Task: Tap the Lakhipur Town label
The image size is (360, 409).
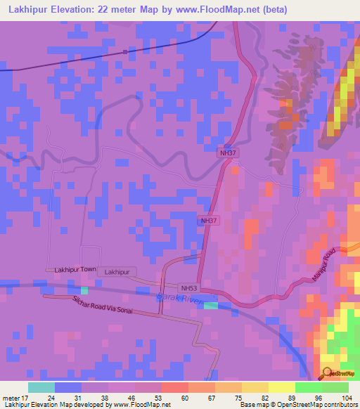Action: click(75, 270)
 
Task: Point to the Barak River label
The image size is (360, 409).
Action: click(179, 299)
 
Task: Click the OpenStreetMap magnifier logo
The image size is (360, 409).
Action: click(328, 374)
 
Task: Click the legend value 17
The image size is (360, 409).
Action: click(29, 396)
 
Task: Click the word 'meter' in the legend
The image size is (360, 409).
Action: click(12, 396)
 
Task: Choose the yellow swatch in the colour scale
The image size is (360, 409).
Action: click(282, 387)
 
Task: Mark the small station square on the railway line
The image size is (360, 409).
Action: click(125, 51)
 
